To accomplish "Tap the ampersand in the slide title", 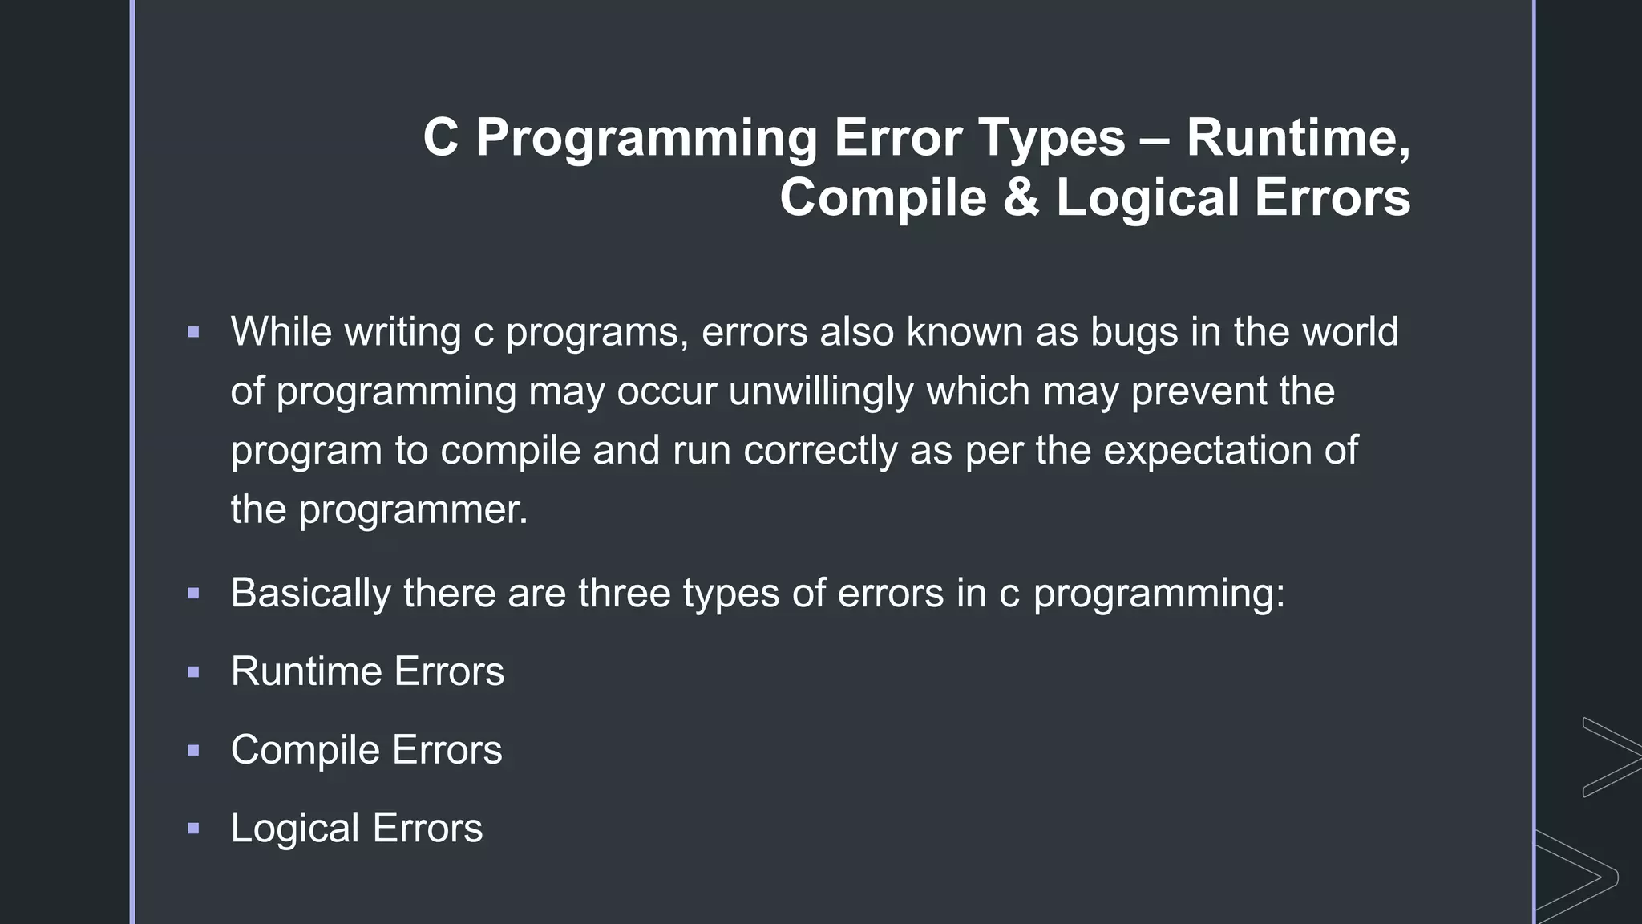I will (x=1021, y=197).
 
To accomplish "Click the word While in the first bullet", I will (x=281, y=332).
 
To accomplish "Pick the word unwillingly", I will (x=821, y=392).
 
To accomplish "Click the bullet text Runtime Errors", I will (x=367, y=671).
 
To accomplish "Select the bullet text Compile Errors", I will (x=366, y=750).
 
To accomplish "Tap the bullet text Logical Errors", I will (x=357, y=829).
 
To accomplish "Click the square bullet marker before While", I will (x=193, y=332).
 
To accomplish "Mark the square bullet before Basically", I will (x=193, y=594).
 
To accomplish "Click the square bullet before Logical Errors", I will (x=193, y=829).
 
